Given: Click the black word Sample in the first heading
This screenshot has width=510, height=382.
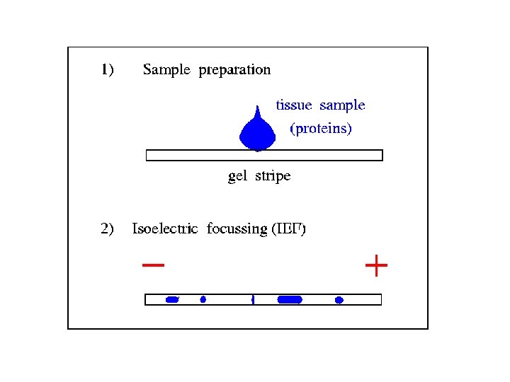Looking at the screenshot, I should [x=167, y=70].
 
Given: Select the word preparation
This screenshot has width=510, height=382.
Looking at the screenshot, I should [x=234, y=70].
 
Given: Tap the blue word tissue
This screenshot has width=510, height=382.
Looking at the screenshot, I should [x=294, y=105].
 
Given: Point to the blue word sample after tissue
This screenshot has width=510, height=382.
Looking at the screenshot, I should [x=342, y=106].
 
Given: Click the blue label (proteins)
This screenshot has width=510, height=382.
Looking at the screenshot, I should [x=321, y=129].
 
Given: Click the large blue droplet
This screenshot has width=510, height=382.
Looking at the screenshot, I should [x=258, y=133].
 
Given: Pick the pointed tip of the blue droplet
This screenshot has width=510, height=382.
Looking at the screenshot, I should [x=259, y=105].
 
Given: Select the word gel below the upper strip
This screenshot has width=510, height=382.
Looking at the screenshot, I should [x=237, y=177].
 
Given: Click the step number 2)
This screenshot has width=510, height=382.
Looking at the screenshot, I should [x=108, y=228].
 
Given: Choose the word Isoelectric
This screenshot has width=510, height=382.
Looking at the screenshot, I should [x=166, y=228].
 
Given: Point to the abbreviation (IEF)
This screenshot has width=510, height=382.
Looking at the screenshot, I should [x=289, y=229].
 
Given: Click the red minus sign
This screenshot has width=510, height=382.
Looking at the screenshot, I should [x=153, y=266].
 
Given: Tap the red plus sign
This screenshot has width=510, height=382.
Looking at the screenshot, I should [x=376, y=267].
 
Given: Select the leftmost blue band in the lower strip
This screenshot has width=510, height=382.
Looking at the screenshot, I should [x=172, y=300].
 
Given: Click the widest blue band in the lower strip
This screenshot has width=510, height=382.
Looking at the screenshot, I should [x=290, y=300].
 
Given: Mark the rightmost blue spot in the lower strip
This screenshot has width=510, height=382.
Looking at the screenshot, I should [x=339, y=300].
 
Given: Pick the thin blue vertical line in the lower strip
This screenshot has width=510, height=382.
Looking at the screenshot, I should [x=253, y=300].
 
